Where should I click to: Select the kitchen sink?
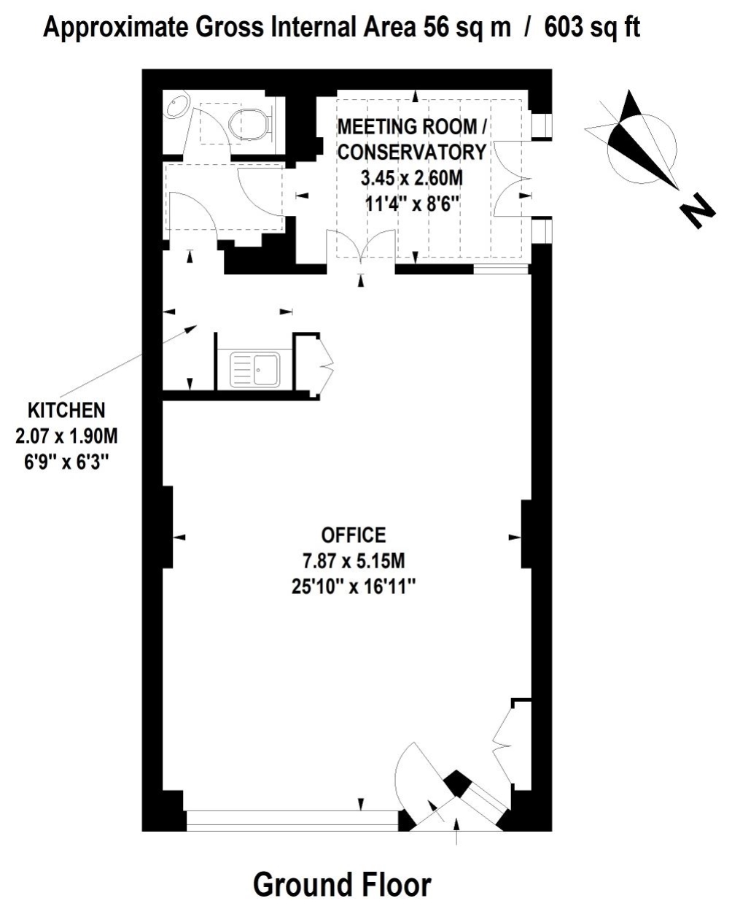pyautogui.click(x=254, y=369)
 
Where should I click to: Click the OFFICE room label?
pyautogui.click(x=353, y=535)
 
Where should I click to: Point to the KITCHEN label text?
pyautogui.click(x=66, y=410)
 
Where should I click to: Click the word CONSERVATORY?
pyautogui.click(x=411, y=152)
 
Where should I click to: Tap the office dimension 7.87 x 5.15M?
pyautogui.click(x=353, y=561)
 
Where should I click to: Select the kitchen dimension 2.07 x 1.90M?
pyautogui.click(x=66, y=436)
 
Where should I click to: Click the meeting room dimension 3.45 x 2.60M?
pyautogui.click(x=411, y=178)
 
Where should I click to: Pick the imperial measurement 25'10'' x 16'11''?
pyautogui.click(x=353, y=587)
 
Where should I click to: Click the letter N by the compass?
pyautogui.click(x=697, y=211)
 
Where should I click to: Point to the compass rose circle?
pyautogui.click(x=642, y=148)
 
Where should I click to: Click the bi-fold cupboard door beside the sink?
pyautogui.click(x=325, y=366)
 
